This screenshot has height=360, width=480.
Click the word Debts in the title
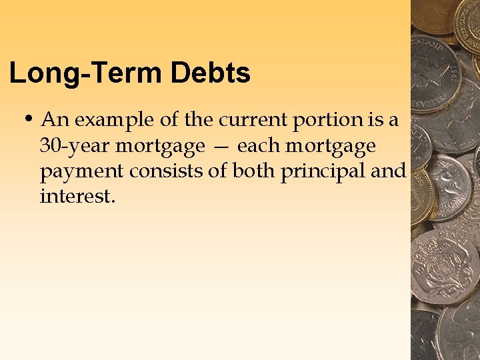211,73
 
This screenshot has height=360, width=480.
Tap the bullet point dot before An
29,119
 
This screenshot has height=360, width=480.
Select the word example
116,121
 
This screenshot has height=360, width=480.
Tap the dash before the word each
221,146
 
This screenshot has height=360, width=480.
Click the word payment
82,171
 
